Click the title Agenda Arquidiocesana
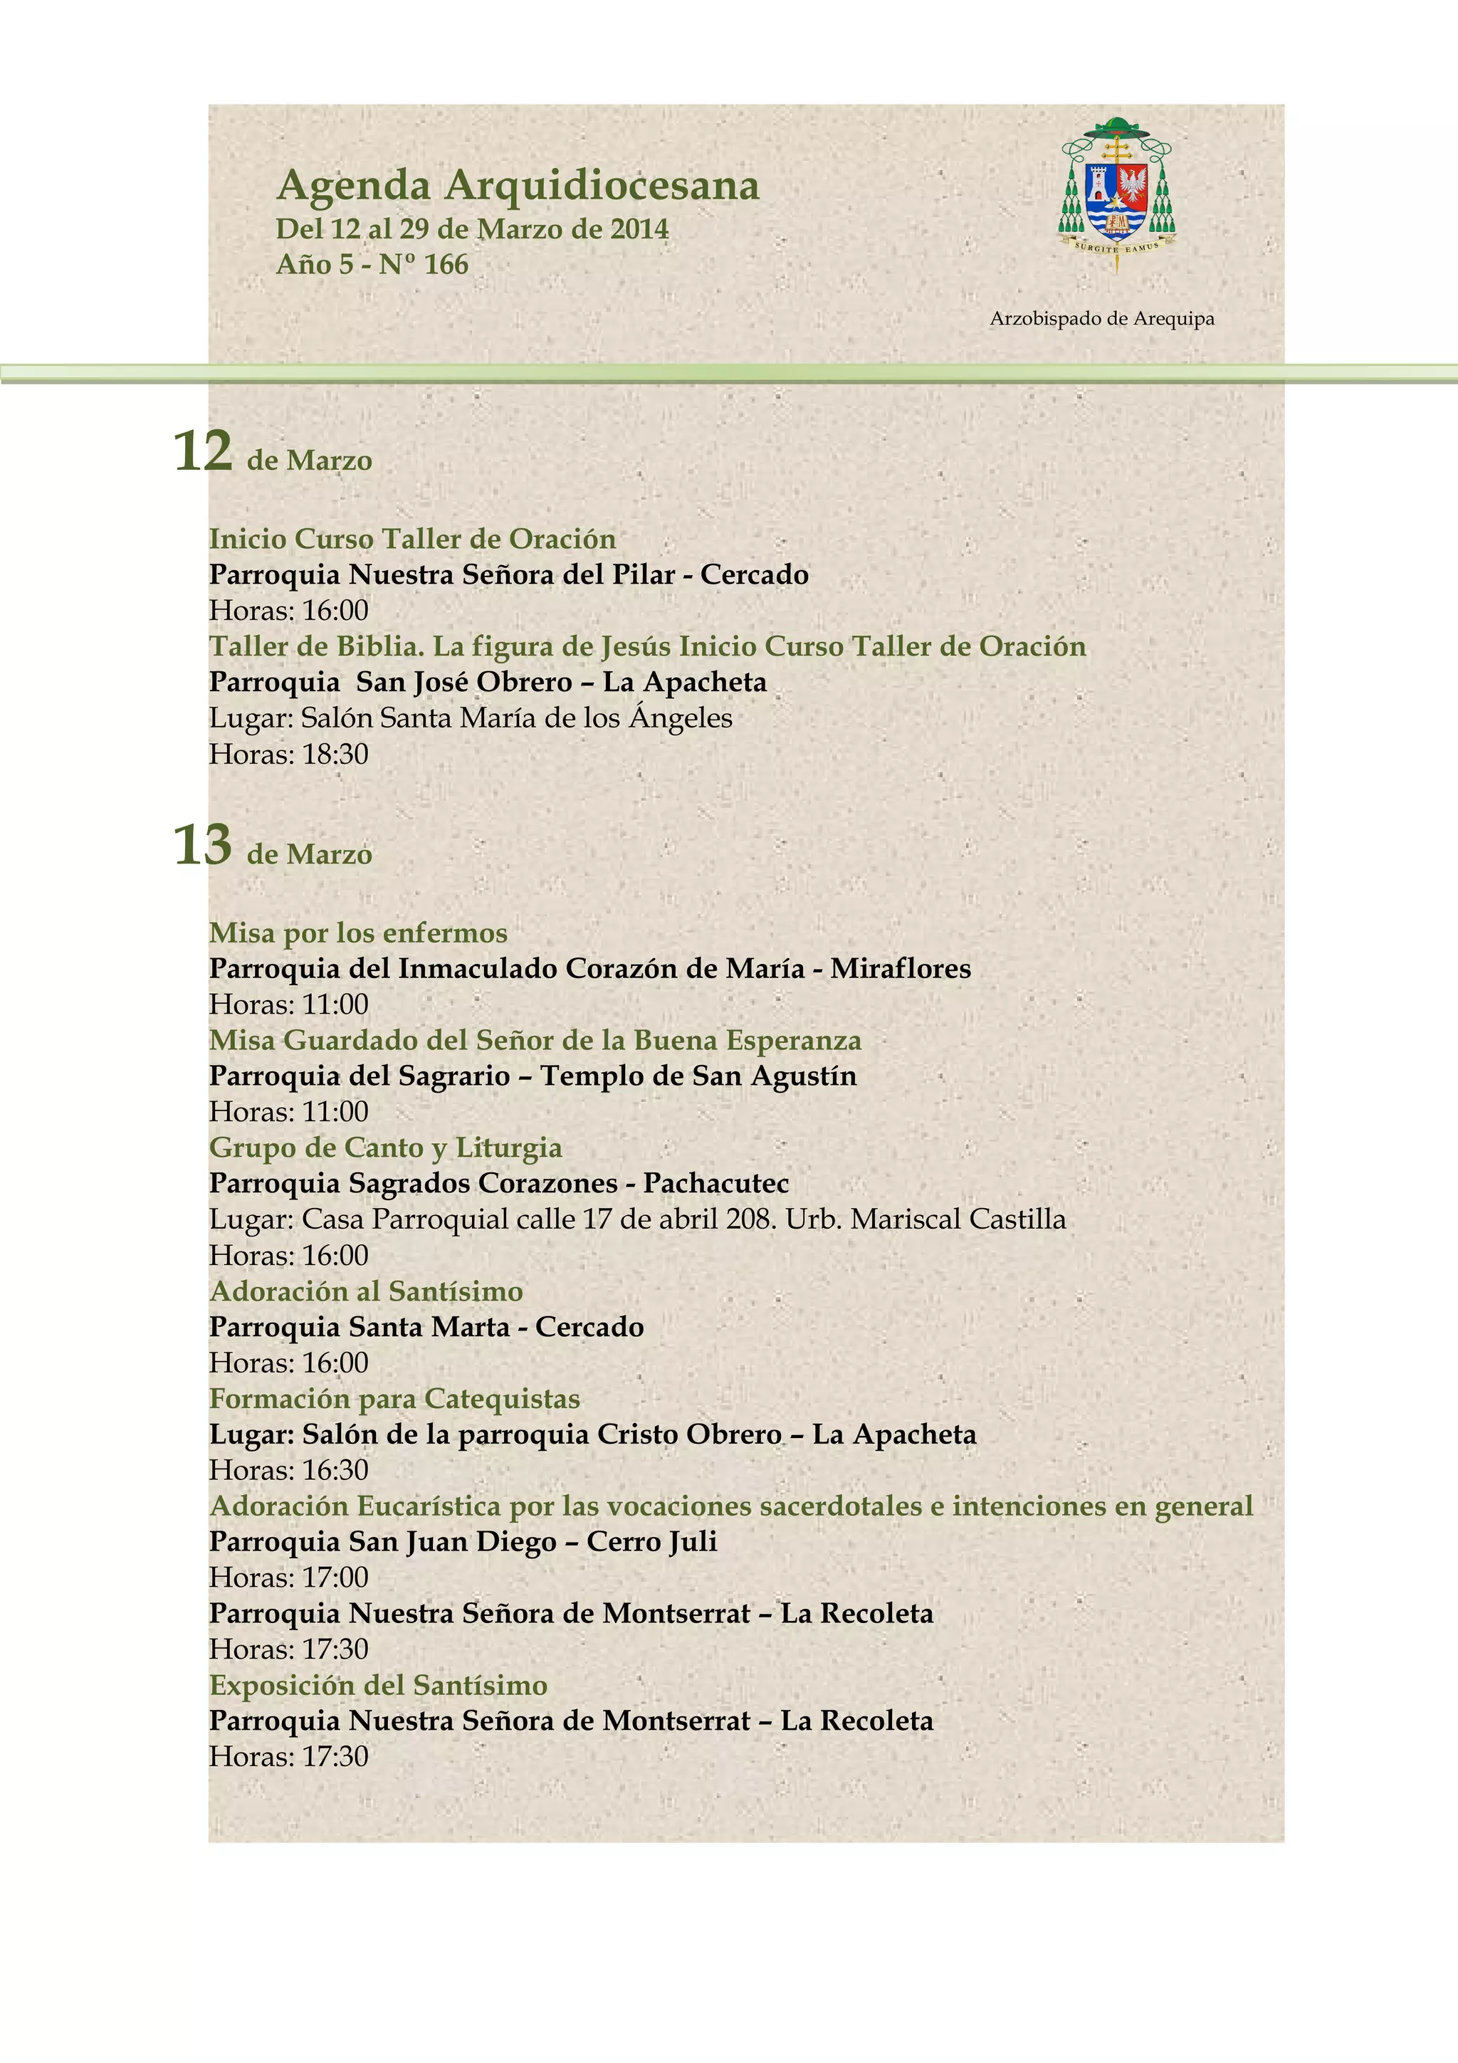[x=518, y=185]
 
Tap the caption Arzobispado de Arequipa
[x=1101, y=319]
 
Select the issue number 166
[x=446, y=264]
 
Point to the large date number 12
[x=203, y=451]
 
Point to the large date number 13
[x=203, y=846]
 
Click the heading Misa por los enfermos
[x=358, y=933]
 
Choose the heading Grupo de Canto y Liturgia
[x=385, y=1148]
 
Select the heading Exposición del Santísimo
[x=378, y=1685]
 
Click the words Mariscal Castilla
[x=958, y=1219]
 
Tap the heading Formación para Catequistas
[x=394, y=1399]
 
